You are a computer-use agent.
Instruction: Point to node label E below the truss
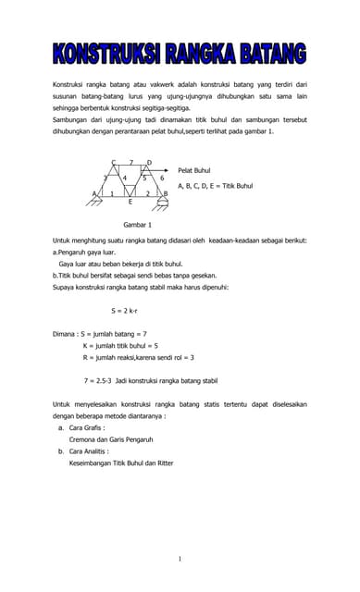[x=130, y=201]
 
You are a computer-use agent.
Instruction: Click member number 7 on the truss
[x=130, y=163]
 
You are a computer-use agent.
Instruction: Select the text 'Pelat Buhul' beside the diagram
[x=195, y=171]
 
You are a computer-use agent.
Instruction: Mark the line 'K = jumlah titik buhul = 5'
[x=120, y=345]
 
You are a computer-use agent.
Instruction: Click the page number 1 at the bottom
[x=180, y=559]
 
